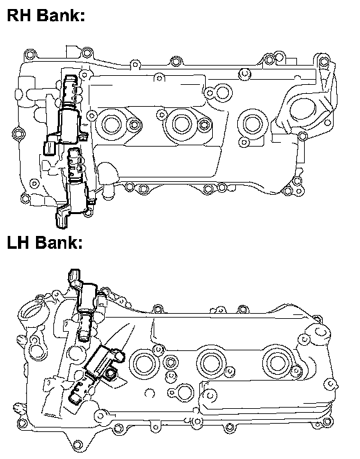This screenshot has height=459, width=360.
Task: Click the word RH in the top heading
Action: pos(19,15)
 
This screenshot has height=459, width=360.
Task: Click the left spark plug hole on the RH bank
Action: pos(111,124)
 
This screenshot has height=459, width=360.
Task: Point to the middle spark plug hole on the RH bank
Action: pos(181,123)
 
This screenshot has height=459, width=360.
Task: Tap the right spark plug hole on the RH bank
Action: pos(252,123)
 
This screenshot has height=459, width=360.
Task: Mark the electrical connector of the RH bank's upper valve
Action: pos(49,148)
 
